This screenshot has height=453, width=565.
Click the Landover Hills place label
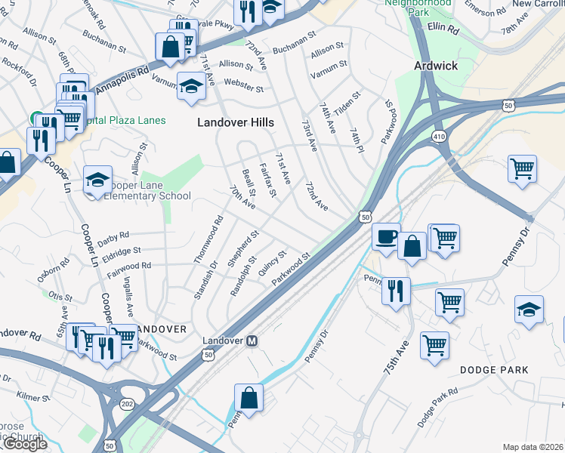click(x=235, y=122)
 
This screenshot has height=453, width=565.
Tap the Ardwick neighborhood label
click(x=436, y=66)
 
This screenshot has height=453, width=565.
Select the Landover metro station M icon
click(x=252, y=341)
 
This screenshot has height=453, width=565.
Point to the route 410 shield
click(x=438, y=136)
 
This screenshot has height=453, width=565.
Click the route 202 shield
click(x=128, y=405)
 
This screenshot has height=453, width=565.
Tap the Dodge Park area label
click(x=494, y=369)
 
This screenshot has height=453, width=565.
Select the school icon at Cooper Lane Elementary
click(x=97, y=180)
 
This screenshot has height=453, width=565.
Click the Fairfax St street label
click(x=268, y=180)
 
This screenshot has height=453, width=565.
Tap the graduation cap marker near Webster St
click(x=191, y=88)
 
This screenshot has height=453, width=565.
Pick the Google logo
click(x=24, y=444)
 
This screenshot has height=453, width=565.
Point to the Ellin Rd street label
click(x=443, y=29)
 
